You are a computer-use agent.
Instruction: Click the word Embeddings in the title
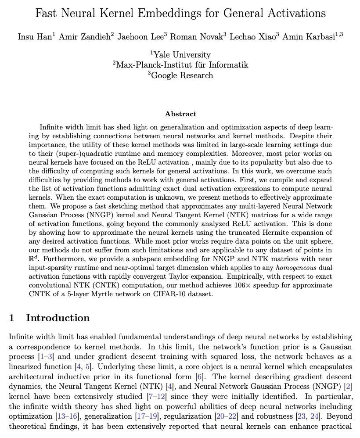[x=167, y=14]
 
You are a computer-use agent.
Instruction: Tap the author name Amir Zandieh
[x=85, y=36]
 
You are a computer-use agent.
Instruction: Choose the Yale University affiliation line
[x=181, y=55]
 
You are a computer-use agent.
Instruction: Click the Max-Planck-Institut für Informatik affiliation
[x=180, y=65]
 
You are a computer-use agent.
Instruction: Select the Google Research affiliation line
[x=181, y=75]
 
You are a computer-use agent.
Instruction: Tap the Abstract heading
[x=180, y=114]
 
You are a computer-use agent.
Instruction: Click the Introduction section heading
[x=58, y=318]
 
